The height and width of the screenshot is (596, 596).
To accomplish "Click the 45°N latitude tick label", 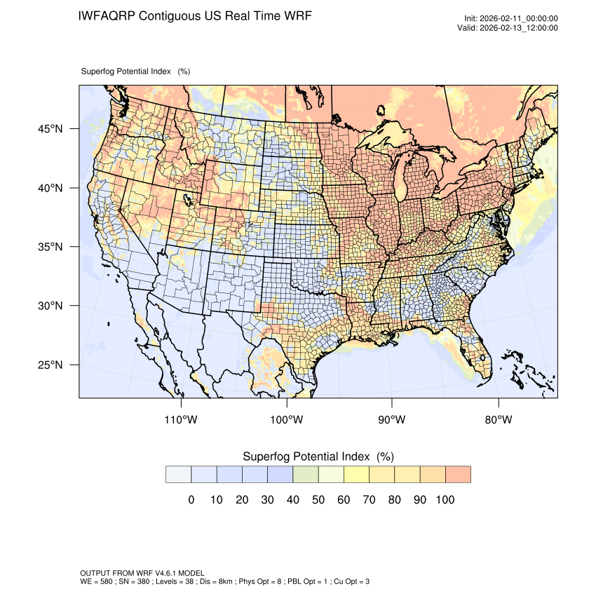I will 50,129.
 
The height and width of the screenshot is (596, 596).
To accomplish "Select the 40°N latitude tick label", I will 50,188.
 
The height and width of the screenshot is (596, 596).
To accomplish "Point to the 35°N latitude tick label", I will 50,247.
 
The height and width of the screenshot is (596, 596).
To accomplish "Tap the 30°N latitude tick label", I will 50,306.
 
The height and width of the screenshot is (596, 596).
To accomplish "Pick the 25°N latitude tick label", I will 50,365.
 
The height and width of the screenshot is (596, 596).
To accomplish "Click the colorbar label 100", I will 445,500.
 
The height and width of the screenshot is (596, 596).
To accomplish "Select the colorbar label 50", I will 318,500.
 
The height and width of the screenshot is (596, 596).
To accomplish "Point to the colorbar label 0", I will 191,500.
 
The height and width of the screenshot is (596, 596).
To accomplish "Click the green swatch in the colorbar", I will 306,475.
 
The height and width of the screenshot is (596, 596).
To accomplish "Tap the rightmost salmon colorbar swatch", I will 458,475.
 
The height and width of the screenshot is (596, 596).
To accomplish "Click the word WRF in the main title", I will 296,15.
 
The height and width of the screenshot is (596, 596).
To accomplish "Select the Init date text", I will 511,19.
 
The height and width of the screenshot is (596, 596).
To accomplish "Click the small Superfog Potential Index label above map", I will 126,71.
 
